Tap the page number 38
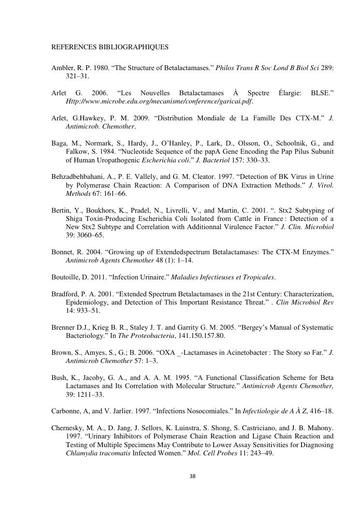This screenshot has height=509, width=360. pyautogui.click(x=192, y=477)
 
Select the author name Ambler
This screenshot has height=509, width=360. pyautogui.click(x=62, y=68)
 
